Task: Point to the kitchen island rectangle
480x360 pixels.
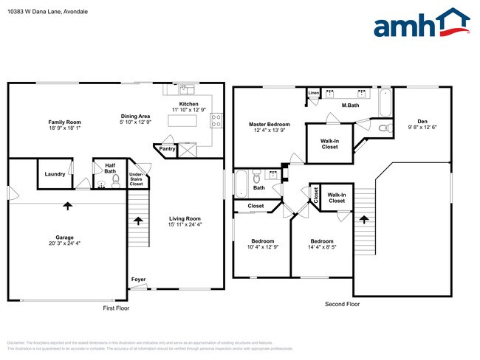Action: pyautogui.click(x=183, y=122)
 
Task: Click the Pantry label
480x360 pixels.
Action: pyautogui.click(x=167, y=149)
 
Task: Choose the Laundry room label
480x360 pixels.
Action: pyautogui.click(x=55, y=174)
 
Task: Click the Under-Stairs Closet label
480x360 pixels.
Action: pyautogui.click(x=136, y=178)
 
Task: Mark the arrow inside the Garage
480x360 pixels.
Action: pyautogui.click(x=68, y=206)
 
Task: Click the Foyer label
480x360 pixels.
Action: pyautogui.click(x=138, y=280)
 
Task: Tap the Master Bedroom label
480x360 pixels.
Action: pyautogui.click(x=269, y=125)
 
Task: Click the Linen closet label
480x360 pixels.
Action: pyautogui.click(x=314, y=94)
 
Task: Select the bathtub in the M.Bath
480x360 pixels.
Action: pyautogui.click(x=386, y=103)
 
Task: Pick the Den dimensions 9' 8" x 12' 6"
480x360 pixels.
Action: pyautogui.click(x=422, y=128)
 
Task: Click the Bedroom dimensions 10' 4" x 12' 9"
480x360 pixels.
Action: pyautogui.click(x=262, y=247)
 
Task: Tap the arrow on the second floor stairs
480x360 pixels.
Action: pyautogui.click(x=363, y=219)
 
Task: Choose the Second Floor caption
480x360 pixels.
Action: pyautogui.click(x=343, y=304)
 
